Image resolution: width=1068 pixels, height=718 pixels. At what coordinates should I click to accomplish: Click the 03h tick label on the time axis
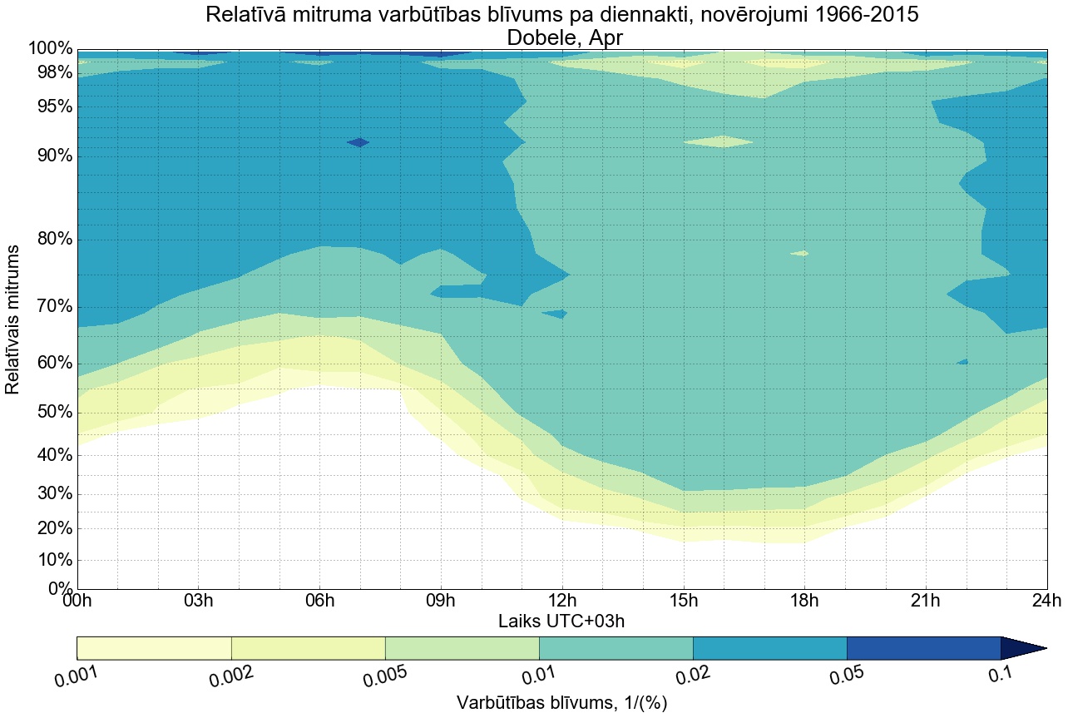coord(198,602)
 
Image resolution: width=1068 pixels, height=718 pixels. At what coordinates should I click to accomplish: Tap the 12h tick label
coord(561,602)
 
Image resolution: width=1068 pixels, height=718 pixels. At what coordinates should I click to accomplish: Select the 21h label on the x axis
coord(925,602)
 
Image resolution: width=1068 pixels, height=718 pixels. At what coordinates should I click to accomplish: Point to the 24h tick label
coord(1046,602)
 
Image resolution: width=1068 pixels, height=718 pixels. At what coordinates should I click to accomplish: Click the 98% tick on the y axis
coord(50,72)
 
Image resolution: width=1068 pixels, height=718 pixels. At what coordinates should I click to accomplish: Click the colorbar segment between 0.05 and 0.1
coord(923,648)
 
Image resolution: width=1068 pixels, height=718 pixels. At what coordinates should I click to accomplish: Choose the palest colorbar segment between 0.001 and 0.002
coord(154,648)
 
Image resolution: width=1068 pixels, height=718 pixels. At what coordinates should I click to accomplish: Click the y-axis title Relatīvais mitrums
coord(13,319)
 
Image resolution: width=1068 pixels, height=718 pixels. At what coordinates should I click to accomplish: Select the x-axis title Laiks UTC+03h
coord(561,621)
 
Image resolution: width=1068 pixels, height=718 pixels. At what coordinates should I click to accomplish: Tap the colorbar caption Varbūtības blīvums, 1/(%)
coord(561,702)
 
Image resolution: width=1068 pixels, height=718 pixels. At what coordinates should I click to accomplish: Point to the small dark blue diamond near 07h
coord(358,142)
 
